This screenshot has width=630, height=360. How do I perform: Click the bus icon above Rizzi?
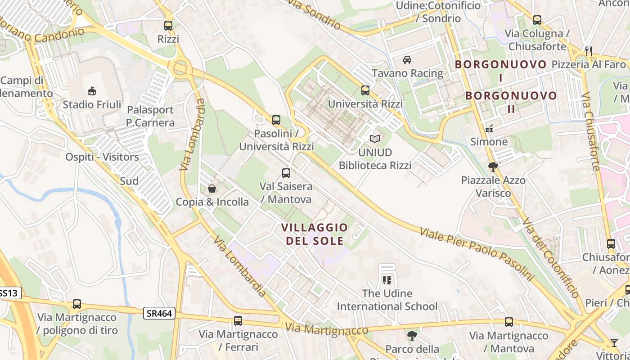[168, 25]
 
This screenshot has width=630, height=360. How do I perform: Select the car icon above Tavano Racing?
[407, 59]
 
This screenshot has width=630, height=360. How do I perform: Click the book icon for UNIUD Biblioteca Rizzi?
[375, 139]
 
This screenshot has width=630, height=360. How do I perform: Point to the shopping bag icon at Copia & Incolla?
[212, 188]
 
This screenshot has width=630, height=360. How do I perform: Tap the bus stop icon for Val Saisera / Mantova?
[286, 173]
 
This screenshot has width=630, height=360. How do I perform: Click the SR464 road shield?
[159, 313]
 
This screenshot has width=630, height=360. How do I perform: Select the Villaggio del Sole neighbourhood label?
[315, 234]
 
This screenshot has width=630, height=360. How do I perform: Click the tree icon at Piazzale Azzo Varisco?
[493, 167]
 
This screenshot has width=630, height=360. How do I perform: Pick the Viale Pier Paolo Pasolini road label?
[476, 254]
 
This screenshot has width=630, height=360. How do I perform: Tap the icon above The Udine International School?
[387, 280]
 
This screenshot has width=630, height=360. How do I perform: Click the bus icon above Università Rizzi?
[365, 90]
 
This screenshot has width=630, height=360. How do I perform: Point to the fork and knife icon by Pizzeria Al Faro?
[589, 51]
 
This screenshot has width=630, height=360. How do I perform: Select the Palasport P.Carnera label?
[150, 116]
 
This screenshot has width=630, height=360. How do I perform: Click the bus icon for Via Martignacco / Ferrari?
[238, 321]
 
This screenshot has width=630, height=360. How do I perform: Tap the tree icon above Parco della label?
[412, 335]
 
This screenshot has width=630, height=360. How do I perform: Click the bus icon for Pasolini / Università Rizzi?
[276, 120]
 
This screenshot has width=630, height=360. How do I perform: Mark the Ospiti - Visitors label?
[102, 157]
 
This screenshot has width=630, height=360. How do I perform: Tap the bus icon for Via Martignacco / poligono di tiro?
[77, 304]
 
